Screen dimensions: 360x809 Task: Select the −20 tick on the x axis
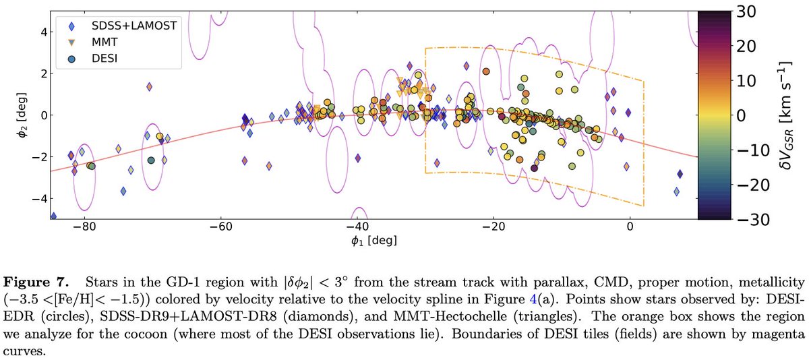[x=493, y=228]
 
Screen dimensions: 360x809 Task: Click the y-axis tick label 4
[x=42, y=32]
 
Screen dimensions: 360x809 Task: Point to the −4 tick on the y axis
[x=38, y=199]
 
